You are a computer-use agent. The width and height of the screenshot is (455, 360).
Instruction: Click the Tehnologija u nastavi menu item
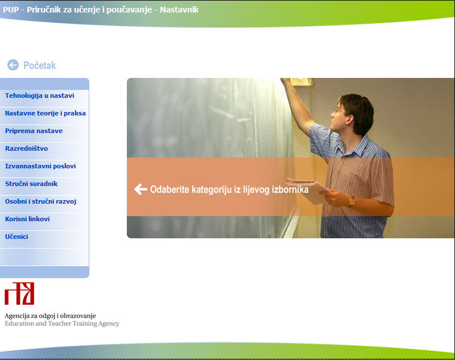point(39,96)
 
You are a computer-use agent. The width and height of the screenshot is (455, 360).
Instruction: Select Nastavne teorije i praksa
point(45,113)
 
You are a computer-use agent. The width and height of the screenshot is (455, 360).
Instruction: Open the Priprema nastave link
point(34,131)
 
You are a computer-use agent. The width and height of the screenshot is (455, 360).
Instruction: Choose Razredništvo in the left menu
point(26,148)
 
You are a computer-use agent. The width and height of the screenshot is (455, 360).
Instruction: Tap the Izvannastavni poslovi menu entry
point(40,166)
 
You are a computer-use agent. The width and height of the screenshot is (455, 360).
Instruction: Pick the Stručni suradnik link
point(31,184)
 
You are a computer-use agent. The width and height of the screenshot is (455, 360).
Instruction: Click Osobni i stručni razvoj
point(40,201)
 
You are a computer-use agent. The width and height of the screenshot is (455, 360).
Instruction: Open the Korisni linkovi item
point(27,219)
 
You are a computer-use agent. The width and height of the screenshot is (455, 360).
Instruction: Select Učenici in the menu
point(16,237)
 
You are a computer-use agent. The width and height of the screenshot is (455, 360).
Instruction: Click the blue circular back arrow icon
point(13,65)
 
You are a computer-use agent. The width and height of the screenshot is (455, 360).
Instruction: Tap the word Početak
point(39,65)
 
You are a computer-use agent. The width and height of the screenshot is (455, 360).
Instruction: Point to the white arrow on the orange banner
point(140,189)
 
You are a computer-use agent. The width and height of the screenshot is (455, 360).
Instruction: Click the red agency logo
point(19,293)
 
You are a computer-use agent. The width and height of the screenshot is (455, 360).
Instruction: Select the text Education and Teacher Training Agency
point(62,324)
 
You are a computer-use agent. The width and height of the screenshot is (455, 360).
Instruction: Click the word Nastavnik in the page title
point(179,10)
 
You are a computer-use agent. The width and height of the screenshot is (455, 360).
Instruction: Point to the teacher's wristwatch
point(351,201)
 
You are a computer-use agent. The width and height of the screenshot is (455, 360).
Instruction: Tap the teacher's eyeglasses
point(339,111)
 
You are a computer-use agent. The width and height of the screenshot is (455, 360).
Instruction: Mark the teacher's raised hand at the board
point(287,82)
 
